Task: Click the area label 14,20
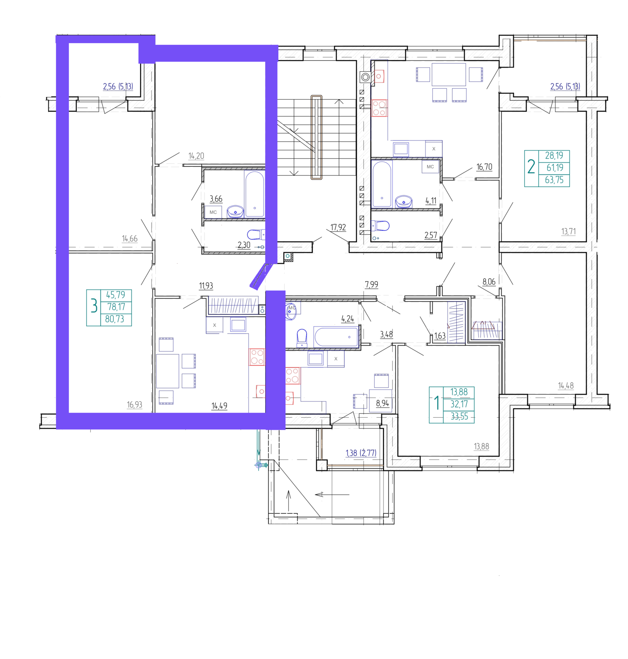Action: (196, 156)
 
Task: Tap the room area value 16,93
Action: (134, 405)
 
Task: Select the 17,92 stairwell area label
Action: (338, 228)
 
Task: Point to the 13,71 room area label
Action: (568, 232)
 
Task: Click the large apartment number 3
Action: (94, 305)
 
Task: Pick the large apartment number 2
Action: (531, 166)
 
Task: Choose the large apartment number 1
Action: (436, 403)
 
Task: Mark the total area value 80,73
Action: (115, 319)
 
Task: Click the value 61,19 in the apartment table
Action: (555, 168)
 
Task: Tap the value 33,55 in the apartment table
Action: (459, 416)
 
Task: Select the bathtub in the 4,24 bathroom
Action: (336, 336)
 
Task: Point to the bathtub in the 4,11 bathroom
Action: (382, 184)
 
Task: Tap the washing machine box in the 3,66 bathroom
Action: (213, 212)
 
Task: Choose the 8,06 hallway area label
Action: (489, 282)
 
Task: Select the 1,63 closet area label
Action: (440, 336)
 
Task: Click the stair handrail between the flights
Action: (316, 137)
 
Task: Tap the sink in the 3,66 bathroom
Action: (235, 212)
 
